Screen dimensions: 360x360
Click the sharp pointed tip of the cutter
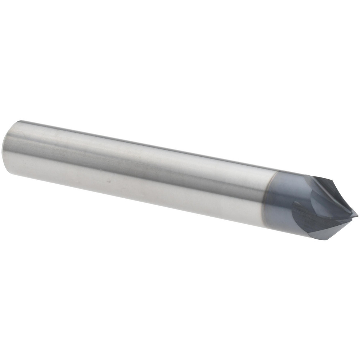tap(357, 216)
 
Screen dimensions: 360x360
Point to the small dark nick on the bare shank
tap(108, 178)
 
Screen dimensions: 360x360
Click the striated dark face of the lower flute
tap(317, 220)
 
